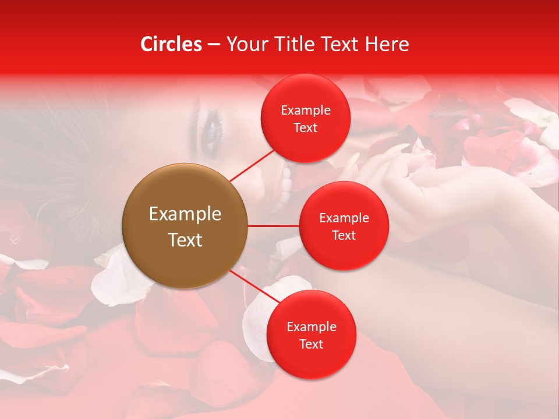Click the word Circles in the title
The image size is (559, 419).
pyautogui.click(x=171, y=44)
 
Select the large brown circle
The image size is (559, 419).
pyautogui.click(x=185, y=226)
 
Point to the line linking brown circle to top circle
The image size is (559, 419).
pyautogui.click(x=252, y=165)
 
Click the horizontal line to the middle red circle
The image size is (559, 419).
pyautogui.click(x=274, y=225)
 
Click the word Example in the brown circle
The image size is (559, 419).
pyautogui.click(x=185, y=214)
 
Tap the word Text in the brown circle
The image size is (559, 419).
pyautogui.click(x=185, y=240)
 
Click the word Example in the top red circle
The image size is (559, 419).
pyautogui.click(x=306, y=110)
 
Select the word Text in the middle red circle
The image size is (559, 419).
pyautogui.click(x=344, y=235)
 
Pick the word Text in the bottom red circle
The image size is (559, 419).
pyautogui.click(x=311, y=344)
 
